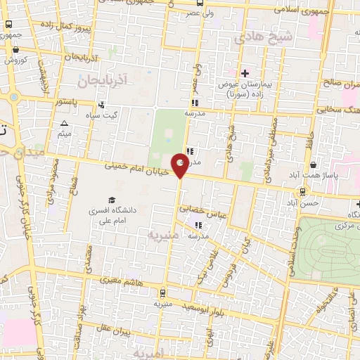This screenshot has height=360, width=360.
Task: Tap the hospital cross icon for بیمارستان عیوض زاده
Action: click(x=245, y=73)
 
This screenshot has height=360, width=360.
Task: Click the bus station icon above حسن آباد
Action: click(x=302, y=191)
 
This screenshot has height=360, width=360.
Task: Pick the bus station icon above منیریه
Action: click(x=163, y=292)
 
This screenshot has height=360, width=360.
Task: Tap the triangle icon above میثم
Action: click(x=64, y=123)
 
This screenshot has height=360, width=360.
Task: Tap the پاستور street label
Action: click(x=72, y=102)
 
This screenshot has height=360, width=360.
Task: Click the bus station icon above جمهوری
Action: click(x=8, y=24)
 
